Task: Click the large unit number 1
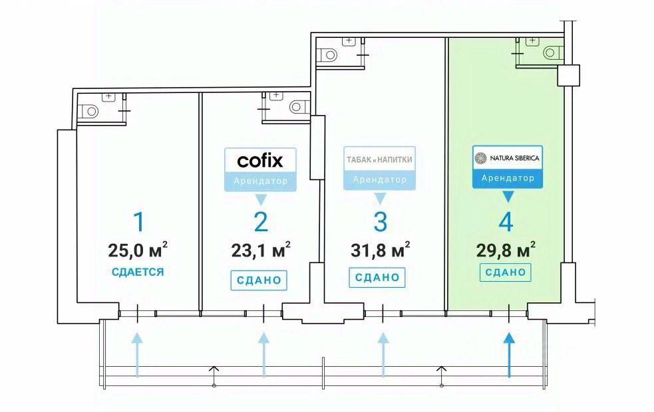137,222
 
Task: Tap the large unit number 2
260,222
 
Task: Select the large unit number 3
379,222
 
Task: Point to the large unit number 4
506,222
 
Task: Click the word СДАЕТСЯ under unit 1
138,272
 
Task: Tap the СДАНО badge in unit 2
260,280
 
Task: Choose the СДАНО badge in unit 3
377,276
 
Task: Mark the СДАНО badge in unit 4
506,272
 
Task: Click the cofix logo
260,160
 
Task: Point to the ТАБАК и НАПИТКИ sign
379,160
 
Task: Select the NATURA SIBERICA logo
507,158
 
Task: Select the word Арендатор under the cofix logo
260,181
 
